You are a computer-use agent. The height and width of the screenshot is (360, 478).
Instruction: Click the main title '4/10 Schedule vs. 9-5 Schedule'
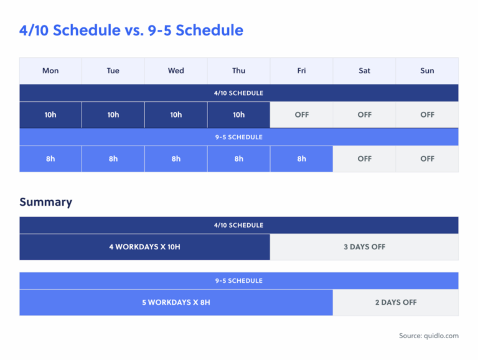click(131, 30)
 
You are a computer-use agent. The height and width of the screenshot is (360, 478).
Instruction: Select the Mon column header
click(50, 71)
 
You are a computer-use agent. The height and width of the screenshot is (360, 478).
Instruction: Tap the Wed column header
click(176, 71)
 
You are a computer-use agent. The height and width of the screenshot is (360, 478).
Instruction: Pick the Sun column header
click(427, 71)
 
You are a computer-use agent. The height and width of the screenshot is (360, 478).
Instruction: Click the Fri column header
click(302, 71)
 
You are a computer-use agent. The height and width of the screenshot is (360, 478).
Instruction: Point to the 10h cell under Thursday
click(239, 115)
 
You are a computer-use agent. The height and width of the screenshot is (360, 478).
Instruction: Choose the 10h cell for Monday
click(50, 115)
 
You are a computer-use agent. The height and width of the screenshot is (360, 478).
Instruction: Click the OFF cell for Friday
click(302, 115)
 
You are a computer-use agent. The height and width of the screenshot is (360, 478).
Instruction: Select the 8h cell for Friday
click(302, 159)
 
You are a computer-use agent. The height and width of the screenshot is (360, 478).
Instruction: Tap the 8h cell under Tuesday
click(113, 159)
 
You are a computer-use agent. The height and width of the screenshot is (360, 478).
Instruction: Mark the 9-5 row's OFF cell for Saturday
click(365, 159)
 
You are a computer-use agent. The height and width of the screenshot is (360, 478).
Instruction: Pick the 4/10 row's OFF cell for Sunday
click(427, 115)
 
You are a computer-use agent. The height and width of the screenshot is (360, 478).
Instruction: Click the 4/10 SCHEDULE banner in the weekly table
click(239, 93)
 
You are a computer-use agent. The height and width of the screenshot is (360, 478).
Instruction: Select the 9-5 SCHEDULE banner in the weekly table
click(239, 137)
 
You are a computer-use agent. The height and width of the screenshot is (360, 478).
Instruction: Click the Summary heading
click(45, 202)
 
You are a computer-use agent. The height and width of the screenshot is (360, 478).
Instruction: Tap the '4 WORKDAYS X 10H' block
click(144, 247)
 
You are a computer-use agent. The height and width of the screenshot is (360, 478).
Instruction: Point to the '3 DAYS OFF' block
click(365, 247)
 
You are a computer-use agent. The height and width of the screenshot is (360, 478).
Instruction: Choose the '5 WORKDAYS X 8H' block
click(176, 302)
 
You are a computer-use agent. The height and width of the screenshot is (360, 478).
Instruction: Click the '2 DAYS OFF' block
click(396, 302)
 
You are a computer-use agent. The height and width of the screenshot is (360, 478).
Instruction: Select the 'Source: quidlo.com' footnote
click(428, 336)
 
